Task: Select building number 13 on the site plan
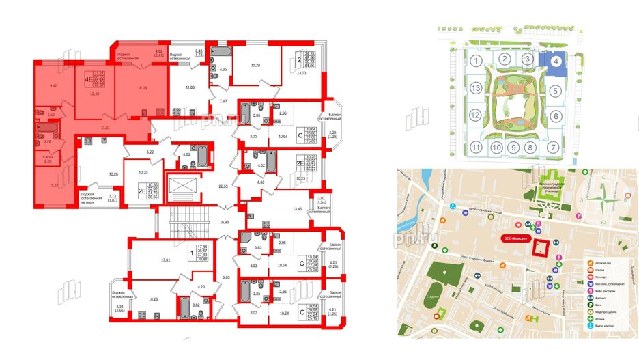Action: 474,89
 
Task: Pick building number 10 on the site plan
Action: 498,148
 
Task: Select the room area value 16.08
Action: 142,87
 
